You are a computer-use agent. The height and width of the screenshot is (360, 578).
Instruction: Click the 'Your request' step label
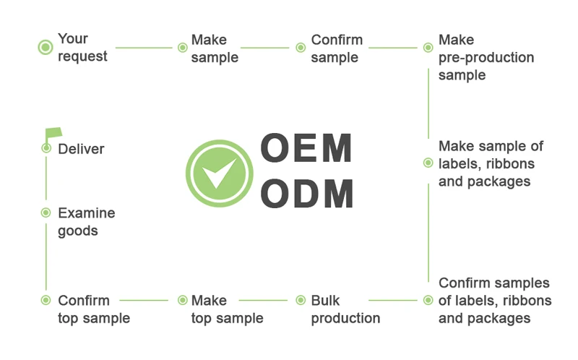point(82,48)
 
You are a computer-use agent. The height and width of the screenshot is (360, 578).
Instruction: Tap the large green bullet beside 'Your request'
point(46,48)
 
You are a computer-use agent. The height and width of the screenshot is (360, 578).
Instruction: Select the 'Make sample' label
point(215,48)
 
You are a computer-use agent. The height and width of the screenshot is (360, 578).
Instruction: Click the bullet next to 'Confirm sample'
point(301,48)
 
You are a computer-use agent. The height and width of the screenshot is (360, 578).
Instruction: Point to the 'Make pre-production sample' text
point(486,57)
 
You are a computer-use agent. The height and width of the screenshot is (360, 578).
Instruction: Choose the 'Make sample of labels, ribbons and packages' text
point(491,163)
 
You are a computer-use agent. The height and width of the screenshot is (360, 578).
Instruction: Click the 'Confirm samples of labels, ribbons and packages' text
point(494,300)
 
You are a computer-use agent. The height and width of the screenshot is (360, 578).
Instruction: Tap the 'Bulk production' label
point(345,309)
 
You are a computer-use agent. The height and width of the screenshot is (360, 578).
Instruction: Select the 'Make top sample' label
point(227,309)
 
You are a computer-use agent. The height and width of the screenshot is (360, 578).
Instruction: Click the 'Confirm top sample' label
point(94,309)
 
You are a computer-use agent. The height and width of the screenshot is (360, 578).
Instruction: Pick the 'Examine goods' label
point(86,222)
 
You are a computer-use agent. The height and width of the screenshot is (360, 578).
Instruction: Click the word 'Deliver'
point(81,149)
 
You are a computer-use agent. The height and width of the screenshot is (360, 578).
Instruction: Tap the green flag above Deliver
point(53,133)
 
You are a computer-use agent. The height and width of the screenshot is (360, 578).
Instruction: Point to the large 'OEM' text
point(306,148)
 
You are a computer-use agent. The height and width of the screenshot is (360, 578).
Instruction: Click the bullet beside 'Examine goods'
point(46,213)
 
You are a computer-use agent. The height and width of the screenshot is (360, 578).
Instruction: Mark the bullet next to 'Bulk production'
point(301,300)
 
